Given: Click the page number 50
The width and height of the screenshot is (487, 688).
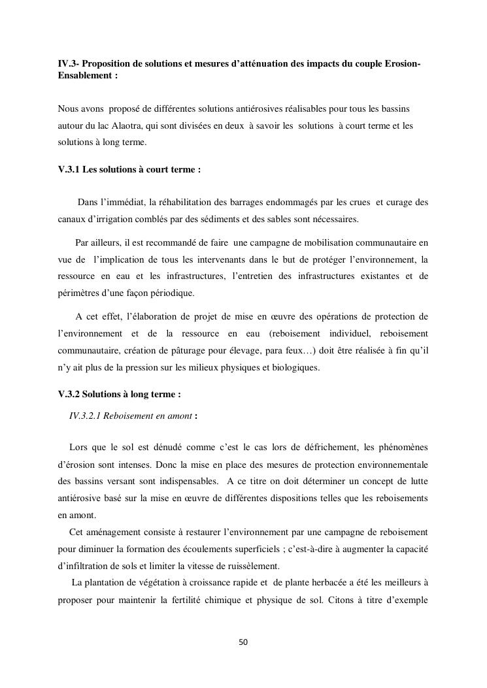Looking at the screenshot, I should pos(243,642).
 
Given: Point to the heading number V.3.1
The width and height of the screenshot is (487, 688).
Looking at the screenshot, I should pos(69,169).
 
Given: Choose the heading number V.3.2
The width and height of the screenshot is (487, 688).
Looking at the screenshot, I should pos(69,395).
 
